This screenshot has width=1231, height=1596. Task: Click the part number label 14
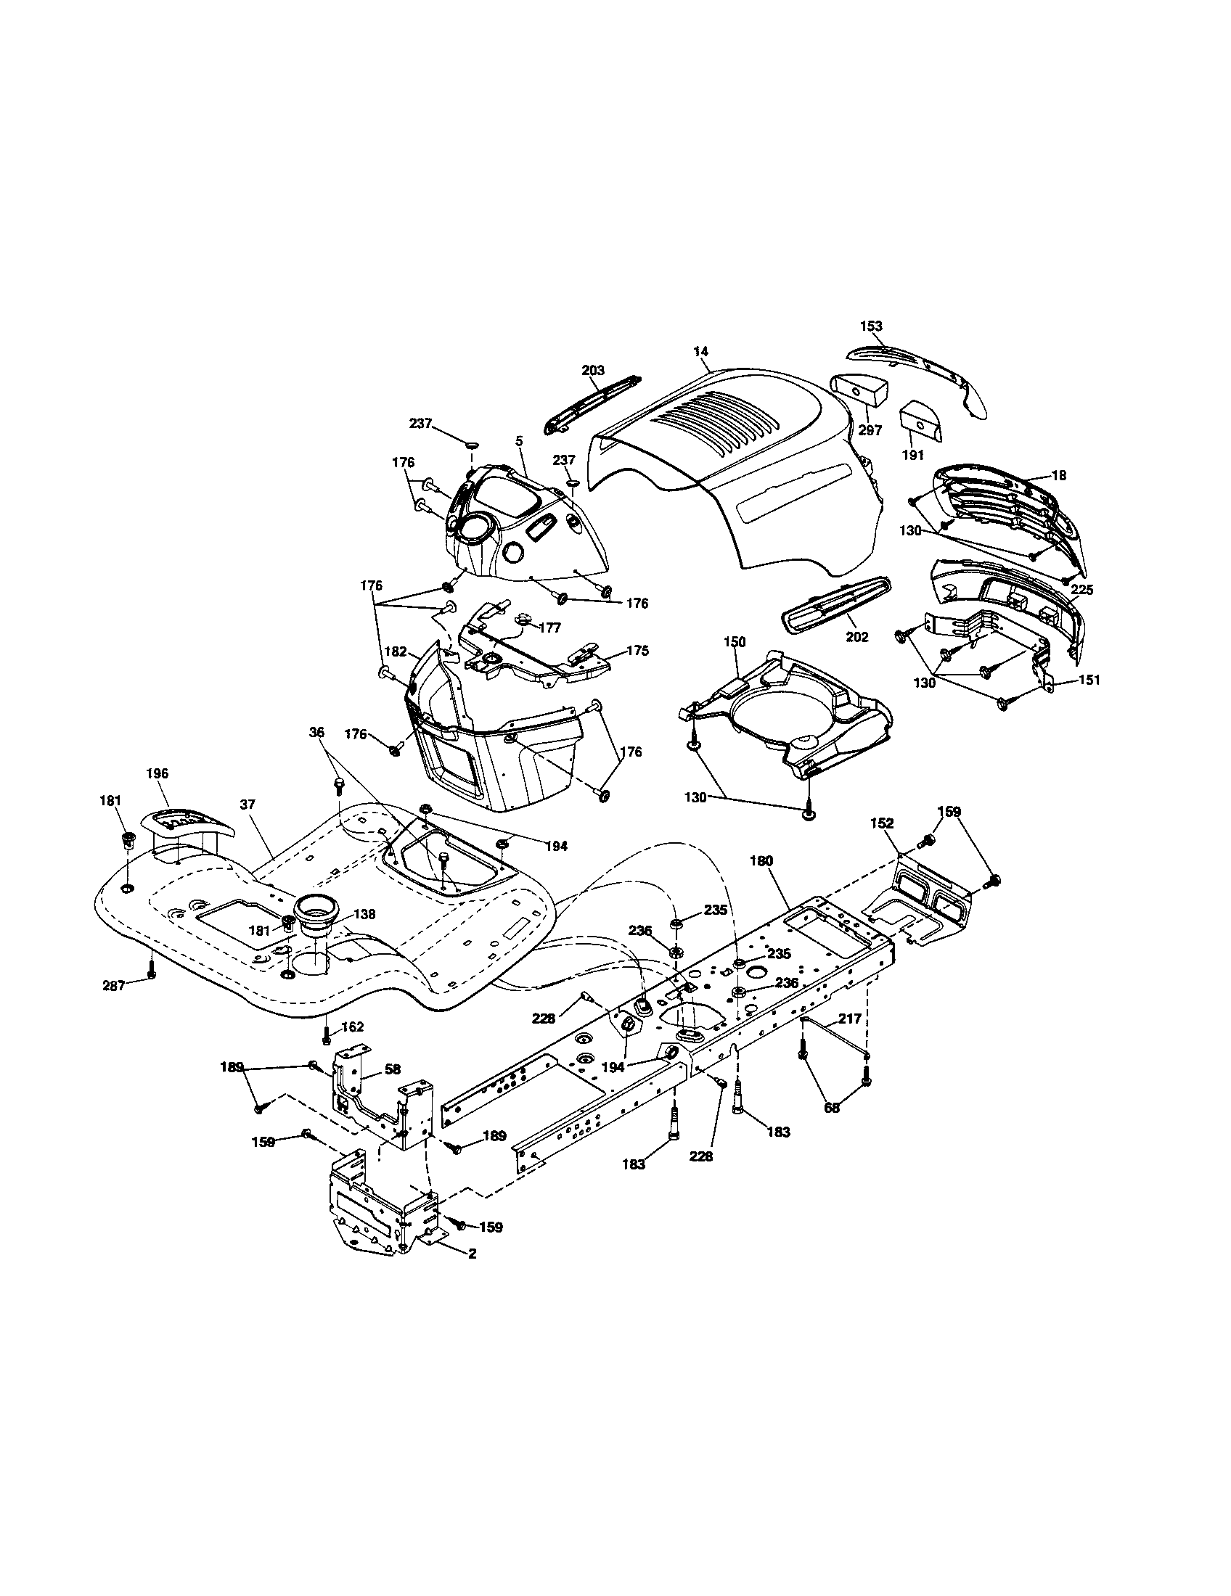pyautogui.click(x=700, y=352)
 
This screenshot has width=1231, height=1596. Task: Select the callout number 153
pyautogui.click(x=871, y=326)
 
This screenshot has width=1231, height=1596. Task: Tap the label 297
pyautogui.click(x=870, y=430)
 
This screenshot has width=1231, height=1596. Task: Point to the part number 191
pyautogui.click(x=914, y=455)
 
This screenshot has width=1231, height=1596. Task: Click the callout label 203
pyautogui.click(x=593, y=371)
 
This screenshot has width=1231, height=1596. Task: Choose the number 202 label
pyautogui.click(x=856, y=637)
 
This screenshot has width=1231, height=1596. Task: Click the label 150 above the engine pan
pyautogui.click(x=735, y=641)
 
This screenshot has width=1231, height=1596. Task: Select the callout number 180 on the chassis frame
pyautogui.click(x=761, y=861)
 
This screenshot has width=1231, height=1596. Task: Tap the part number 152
pyautogui.click(x=883, y=823)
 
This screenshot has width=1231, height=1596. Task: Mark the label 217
pyautogui.click(x=850, y=1019)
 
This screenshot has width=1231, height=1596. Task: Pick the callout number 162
pyautogui.click(x=352, y=1027)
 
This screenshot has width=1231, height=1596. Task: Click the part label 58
pyautogui.click(x=393, y=1069)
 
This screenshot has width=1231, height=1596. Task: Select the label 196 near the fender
pyautogui.click(x=158, y=773)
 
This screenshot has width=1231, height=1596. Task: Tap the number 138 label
pyautogui.click(x=366, y=913)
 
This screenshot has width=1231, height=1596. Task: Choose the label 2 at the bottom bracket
pyautogui.click(x=473, y=1253)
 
